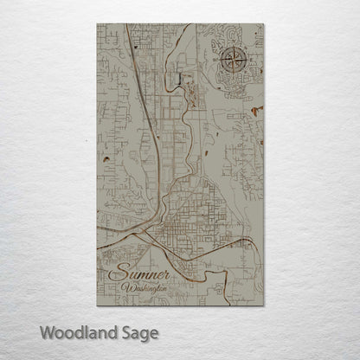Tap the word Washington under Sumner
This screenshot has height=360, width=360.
coord(147,287)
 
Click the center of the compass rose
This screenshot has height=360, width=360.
coord(233,61)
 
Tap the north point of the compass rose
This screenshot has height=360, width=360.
coord(233,48)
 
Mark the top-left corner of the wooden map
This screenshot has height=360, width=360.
coord(97,23)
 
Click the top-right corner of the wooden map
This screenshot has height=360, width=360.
coord(264,23)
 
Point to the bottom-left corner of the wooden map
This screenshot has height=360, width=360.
coord(97,305)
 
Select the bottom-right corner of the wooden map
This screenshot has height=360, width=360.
coord(264,305)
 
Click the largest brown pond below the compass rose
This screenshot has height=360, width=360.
coord(255,110)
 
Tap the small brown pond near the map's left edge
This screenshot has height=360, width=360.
coord(104,159)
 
